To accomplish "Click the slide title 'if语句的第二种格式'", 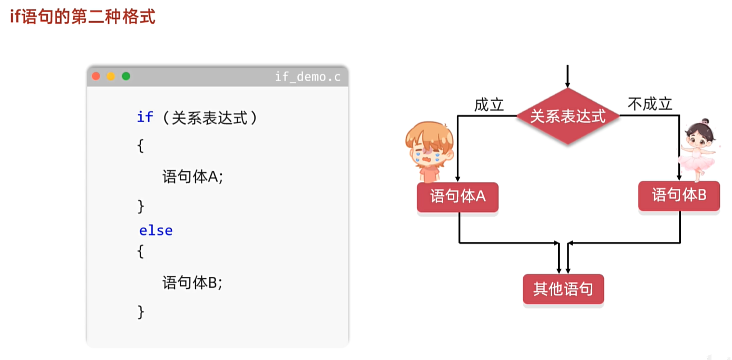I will pyautogui.click(x=83, y=17).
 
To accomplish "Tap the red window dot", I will pyautogui.click(x=96, y=76).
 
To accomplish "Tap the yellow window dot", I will pyautogui.click(x=111, y=76).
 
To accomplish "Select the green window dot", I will pyautogui.click(x=126, y=76).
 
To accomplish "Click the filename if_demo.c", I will pyautogui.click(x=307, y=77).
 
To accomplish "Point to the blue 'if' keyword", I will pyautogui.click(x=145, y=117).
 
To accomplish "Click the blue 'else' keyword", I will pyautogui.click(x=156, y=231).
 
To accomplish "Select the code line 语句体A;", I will pyautogui.click(x=193, y=177).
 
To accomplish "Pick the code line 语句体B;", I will pyautogui.click(x=193, y=283).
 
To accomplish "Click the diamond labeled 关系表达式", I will pyautogui.click(x=568, y=116).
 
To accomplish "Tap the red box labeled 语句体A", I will pyautogui.click(x=457, y=197).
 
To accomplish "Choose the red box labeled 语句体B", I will pyautogui.click(x=679, y=196).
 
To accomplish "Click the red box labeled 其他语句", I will pyautogui.click(x=563, y=289).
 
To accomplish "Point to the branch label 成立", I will pyautogui.click(x=489, y=105).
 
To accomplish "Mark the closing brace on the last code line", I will pyautogui.click(x=141, y=312).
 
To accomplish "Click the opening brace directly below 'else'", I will pyautogui.click(x=141, y=252).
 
